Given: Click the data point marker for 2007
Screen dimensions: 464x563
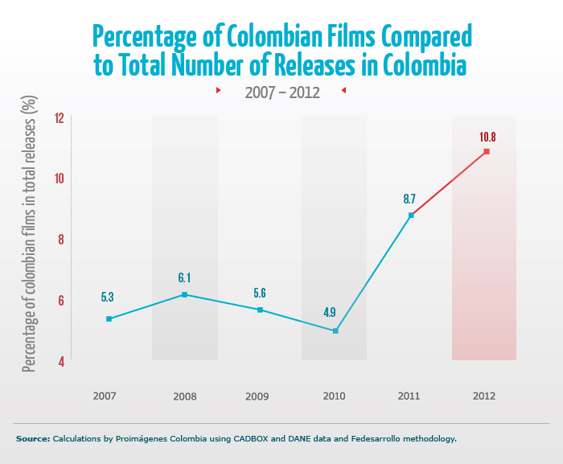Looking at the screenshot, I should (x=109, y=319).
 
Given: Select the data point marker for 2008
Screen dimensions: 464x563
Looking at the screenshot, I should (x=184, y=294).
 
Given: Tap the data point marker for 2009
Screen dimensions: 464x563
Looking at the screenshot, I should (x=260, y=310).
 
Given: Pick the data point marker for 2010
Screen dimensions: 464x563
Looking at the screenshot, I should (x=335, y=331).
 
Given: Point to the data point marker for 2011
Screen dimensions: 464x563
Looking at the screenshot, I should (x=411, y=215).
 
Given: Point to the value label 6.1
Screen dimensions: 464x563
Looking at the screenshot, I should (x=184, y=277).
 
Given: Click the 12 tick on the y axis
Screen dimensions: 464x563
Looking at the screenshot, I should (x=59, y=118).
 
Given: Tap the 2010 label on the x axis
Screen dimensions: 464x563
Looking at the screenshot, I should (x=334, y=396).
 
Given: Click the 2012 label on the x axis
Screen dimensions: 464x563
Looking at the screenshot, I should (x=484, y=396).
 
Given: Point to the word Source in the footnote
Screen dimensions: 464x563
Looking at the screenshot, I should (x=32, y=439).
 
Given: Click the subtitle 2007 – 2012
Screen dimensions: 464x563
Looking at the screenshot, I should (x=282, y=92).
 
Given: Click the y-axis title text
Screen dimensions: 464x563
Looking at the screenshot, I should (x=30, y=233).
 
